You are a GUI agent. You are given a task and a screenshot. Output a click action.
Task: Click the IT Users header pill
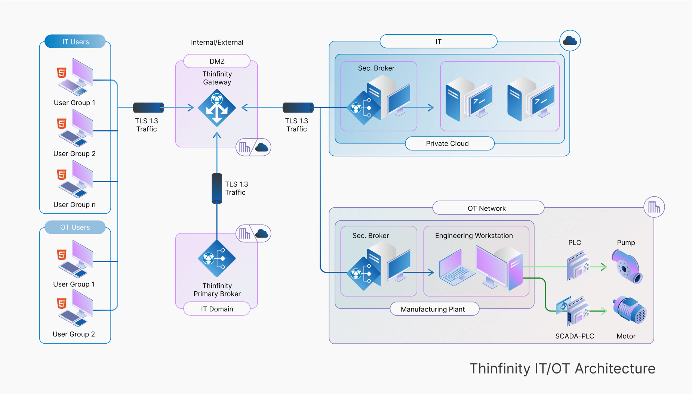click(75, 41)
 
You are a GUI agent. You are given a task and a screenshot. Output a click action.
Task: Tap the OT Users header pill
click(75, 227)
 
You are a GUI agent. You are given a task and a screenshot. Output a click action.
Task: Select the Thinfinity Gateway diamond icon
click(217, 108)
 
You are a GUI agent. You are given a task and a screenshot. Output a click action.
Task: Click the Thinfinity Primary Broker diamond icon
click(217, 258)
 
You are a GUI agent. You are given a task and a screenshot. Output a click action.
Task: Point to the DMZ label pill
click(217, 61)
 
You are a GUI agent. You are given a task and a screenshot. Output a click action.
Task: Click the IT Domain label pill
click(217, 309)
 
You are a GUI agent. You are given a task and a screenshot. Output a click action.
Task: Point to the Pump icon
click(627, 267)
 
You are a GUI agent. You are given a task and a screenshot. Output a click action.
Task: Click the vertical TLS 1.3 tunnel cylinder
click(217, 188)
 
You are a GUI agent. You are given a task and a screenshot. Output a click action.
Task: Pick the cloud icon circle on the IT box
click(570, 41)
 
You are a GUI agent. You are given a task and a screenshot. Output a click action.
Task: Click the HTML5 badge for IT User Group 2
click(62, 124)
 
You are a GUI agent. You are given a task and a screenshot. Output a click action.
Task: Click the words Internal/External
click(217, 43)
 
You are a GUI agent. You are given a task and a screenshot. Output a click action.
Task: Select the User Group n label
click(74, 205)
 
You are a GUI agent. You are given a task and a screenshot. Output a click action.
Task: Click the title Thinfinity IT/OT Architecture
click(562, 369)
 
